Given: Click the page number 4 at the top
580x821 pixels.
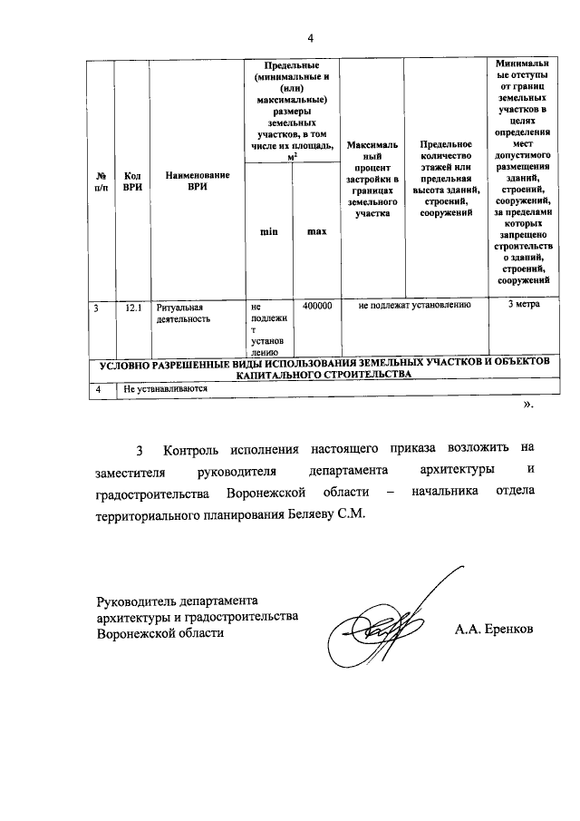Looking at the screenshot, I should click(310, 37).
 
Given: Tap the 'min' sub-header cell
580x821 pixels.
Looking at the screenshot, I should click(268, 232).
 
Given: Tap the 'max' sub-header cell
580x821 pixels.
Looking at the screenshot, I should click(315, 232).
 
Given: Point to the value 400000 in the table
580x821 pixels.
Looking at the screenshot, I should click(316, 307).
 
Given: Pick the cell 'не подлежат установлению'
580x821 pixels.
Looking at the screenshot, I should click(414, 306).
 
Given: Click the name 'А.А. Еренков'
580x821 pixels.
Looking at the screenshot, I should click(495, 628).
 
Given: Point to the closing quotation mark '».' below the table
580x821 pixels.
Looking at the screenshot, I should click(528, 406).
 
